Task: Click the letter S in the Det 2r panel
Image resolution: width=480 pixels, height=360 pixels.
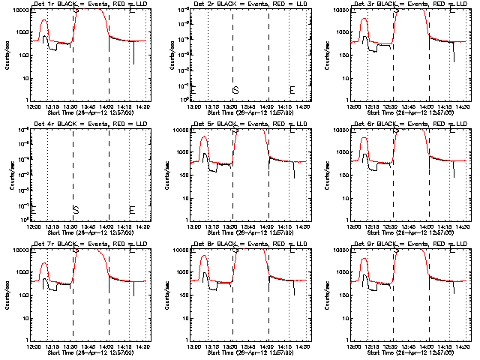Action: (235, 90)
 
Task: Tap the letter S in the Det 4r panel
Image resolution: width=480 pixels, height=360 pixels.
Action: (75, 209)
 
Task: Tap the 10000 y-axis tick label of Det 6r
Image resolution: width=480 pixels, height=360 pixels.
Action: (341, 130)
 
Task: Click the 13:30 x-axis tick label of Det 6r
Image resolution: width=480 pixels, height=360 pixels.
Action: (391, 226)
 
